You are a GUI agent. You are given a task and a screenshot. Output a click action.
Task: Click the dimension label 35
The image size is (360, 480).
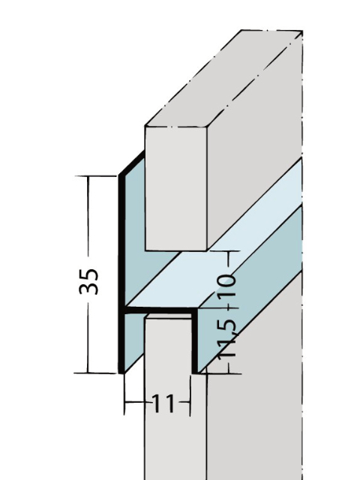pyautogui.click(x=88, y=280)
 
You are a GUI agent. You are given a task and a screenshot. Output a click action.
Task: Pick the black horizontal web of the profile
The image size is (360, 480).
pyautogui.click(x=161, y=308)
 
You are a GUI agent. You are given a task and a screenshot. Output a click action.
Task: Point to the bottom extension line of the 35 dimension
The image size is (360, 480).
pyautogui.click(x=101, y=372)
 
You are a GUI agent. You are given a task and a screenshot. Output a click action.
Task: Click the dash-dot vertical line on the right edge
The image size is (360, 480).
pyautogui.click(x=303, y=375)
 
